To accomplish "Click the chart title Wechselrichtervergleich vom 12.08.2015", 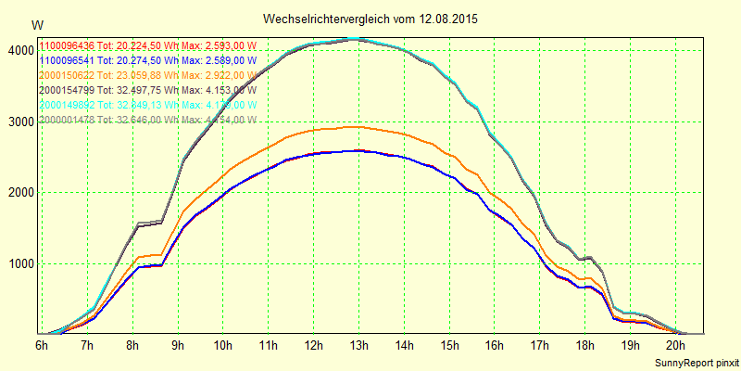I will tap(370, 19).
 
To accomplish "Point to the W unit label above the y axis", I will tap(36, 25).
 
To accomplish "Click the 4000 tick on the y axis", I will tap(21, 51).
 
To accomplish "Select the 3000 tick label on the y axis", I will tap(21, 122).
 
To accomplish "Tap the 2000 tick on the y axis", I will tap(21, 193).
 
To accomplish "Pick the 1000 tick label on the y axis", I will tap(21, 263).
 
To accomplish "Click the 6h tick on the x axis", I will tap(42, 346).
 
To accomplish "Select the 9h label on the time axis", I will tap(177, 346).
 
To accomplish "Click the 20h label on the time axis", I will tap(676, 346).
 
